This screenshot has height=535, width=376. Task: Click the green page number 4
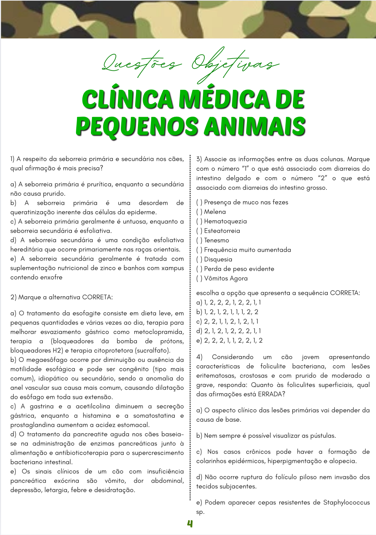(x=190, y=524)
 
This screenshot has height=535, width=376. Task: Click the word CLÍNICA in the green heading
(x=127, y=100)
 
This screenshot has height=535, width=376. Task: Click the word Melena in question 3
(x=215, y=212)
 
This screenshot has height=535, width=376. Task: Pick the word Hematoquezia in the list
(x=225, y=221)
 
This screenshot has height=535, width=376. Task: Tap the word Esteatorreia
(x=222, y=231)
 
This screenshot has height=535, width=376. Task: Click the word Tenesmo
(x=217, y=240)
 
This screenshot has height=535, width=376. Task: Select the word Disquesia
(x=218, y=260)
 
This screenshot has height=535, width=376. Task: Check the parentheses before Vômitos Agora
(x=199, y=279)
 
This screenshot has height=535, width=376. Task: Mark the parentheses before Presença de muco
(x=199, y=202)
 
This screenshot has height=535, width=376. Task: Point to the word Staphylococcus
(x=346, y=502)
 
